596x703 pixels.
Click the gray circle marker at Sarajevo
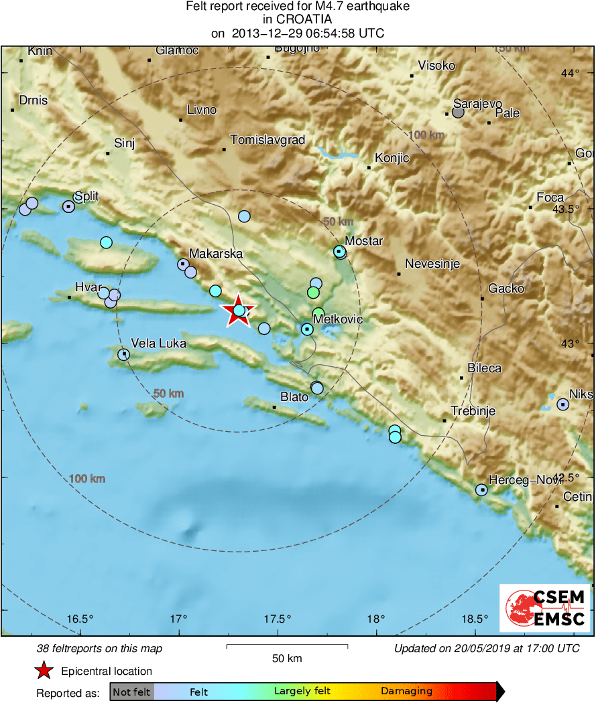pyautogui.click(x=458, y=112)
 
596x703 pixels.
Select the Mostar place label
pyautogui.click(x=363, y=241)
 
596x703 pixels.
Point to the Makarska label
pyautogui.click(x=215, y=254)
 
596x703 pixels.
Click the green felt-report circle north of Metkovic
pyautogui.click(x=313, y=293)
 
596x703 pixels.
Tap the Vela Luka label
pyautogui.click(x=158, y=343)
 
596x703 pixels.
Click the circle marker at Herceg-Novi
pyautogui.click(x=481, y=490)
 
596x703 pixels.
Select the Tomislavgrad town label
pyautogui.click(x=267, y=140)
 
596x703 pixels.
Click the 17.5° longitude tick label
pyautogui.click(x=278, y=618)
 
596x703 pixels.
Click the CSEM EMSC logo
pyautogui.click(x=544, y=607)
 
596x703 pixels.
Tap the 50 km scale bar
pyautogui.click(x=287, y=646)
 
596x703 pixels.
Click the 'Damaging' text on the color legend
pyautogui.click(x=406, y=691)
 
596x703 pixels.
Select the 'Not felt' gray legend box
pyautogui.click(x=131, y=691)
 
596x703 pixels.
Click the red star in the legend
pyautogui.click(x=44, y=671)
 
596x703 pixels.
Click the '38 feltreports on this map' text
pyautogui.click(x=99, y=648)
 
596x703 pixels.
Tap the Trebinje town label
pyautogui.click(x=473, y=411)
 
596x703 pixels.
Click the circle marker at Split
pyautogui.click(x=68, y=206)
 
